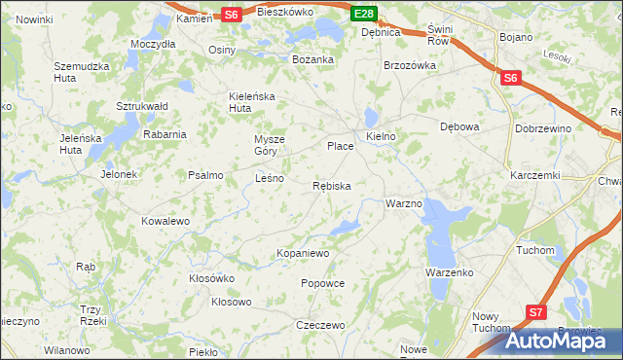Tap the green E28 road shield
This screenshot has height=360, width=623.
pos(363,14)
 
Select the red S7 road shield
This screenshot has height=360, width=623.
pos(535,312)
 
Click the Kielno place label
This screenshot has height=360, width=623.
pos(381,136)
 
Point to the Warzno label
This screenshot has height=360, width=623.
pos(403,204)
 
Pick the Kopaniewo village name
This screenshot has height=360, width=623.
pos(304,253)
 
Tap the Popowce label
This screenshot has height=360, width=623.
pos(323,283)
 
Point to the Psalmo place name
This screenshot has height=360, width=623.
pos(205,176)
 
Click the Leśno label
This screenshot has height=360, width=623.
pos(269,179)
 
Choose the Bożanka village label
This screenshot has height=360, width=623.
pos(313,59)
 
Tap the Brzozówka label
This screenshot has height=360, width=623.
pos(409,66)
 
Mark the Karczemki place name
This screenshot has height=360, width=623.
pos(534,175)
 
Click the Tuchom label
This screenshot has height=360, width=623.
pos(534,250)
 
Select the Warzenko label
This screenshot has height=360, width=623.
pos(449,273)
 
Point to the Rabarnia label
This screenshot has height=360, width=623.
pos(164,134)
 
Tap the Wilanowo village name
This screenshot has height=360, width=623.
pos(67,349)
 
